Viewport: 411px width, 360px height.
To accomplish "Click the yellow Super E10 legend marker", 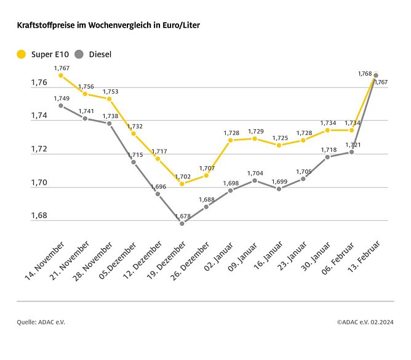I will pyautogui.click(x=22, y=54).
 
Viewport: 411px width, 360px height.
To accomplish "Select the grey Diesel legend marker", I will pyautogui.click(x=79, y=54).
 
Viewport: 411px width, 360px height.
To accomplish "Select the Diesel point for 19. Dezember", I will pyautogui.click(x=182, y=223).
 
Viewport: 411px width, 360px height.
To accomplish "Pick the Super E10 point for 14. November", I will pyautogui.click(x=60, y=75).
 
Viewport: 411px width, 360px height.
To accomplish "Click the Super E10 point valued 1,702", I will pyautogui.click(x=182, y=183).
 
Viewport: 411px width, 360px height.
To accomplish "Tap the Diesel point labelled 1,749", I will pyautogui.click(x=60, y=105).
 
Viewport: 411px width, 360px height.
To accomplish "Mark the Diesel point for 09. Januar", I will pyautogui.click(x=255, y=180).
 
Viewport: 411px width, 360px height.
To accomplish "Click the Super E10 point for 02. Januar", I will pyautogui.click(x=231, y=140).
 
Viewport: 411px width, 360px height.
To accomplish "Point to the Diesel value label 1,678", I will pyautogui.click(x=183, y=216).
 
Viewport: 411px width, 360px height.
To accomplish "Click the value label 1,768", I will pyautogui.click(x=365, y=74).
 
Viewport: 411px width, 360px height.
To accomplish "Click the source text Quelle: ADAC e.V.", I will pyautogui.click(x=41, y=322).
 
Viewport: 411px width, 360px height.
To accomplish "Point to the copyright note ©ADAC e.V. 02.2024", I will pyautogui.click(x=365, y=322).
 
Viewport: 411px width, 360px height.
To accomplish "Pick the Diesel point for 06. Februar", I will pyautogui.click(x=351, y=151).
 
